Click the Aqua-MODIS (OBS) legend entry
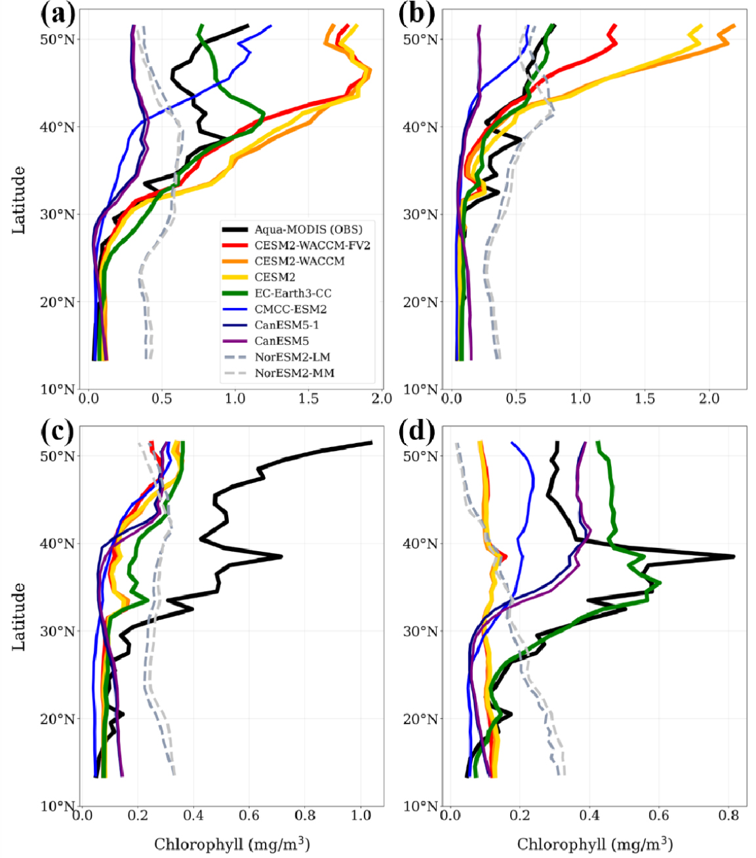(x=308, y=229)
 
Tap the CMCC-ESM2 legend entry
(x=290, y=309)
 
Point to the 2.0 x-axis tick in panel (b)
(x=709, y=399)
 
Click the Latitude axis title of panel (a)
(x=20, y=200)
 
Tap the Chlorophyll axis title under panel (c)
(x=232, y=844)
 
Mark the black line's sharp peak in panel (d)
(x=734, y=556)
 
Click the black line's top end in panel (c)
(x=372, y=442)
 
